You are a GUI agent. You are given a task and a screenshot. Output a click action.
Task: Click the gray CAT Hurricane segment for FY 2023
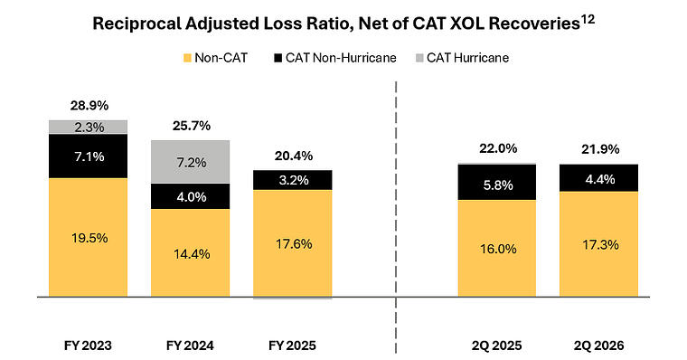click(x=88, y=128)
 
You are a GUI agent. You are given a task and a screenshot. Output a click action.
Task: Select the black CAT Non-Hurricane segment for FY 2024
click(x=190, y=196)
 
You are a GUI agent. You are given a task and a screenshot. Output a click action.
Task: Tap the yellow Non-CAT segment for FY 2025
click(x=293, y=243)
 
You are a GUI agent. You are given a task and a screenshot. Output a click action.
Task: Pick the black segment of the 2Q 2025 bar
click(x=497, y=183)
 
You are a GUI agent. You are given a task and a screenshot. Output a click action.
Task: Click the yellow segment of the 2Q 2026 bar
click(x=598, y=244)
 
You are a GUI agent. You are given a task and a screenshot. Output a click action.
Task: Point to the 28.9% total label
click(x=89, y=106)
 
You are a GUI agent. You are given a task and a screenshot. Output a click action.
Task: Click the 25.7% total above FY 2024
click(x=191, y=127)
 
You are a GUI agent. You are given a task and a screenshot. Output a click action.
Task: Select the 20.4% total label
click(x=294, y=156)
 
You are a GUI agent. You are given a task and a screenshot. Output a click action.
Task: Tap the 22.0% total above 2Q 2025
click(x=498, y=148)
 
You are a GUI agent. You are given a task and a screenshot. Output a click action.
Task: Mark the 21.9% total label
click(x=600, y=149)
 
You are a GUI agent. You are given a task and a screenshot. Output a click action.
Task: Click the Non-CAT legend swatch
click(x=187, y=58)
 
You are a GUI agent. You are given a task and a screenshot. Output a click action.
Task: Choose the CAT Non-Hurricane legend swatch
click(x=278, y=58)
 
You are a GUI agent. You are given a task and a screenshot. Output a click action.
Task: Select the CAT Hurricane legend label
click(x=467, y=58)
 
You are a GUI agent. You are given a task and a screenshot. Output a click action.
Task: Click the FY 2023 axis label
click(x=88, y=346)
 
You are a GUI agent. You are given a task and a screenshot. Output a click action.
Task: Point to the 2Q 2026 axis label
click(x=599, y=346)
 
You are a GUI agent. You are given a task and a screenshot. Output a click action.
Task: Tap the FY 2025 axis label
click(x=292, y=346)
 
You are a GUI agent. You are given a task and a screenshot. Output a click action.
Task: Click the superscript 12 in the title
click(x=588, y=20)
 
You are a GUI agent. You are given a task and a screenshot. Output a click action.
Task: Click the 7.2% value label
click(x=192, y=163)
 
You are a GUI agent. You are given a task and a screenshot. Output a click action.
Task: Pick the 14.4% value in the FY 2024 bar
click(x=192, y=254)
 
